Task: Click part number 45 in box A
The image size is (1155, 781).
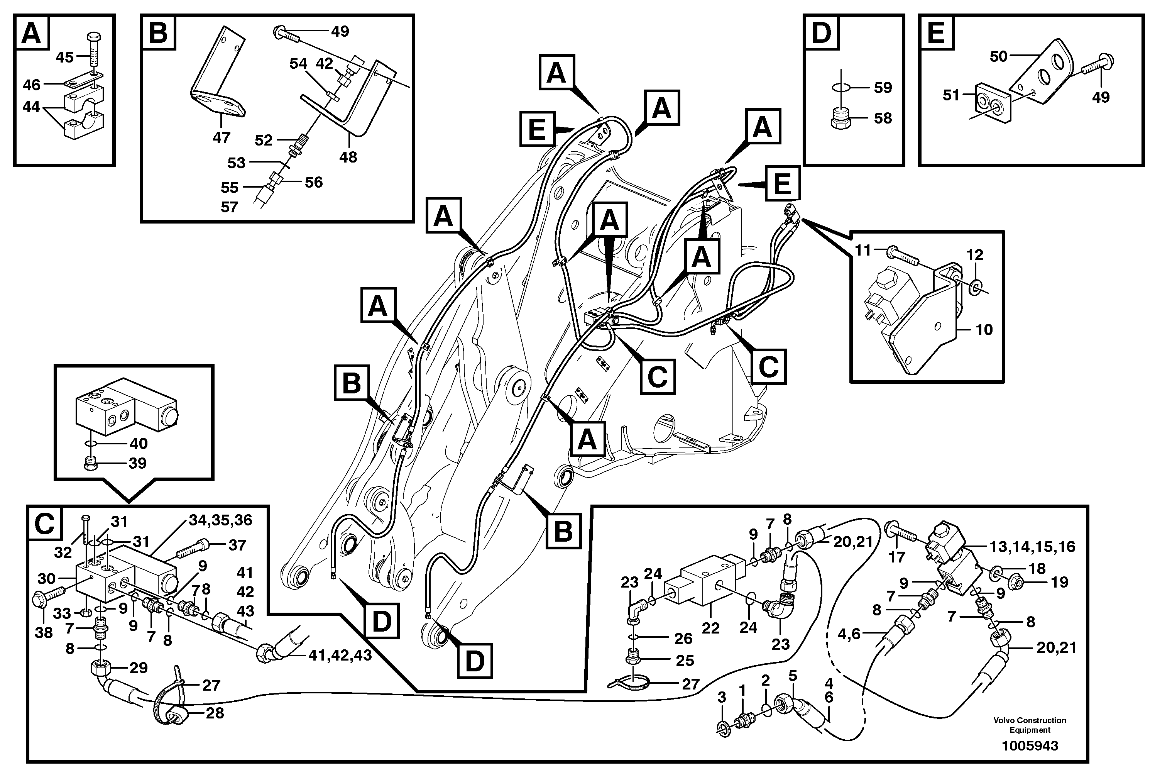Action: pyautogui.click(x=64, y=57)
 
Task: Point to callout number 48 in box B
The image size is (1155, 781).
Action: pyautogui.click(x=348, y=157)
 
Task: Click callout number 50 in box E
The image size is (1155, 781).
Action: pyautogui.click(x=998, y=57)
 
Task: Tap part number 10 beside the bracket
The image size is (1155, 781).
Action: pyautogui.click(x=984, y=330)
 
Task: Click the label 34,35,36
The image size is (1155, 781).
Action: pyautogui.click(x=220, y=520)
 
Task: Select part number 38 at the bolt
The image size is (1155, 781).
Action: pyautogui.click(x=44, y=634)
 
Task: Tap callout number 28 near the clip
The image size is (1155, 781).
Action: pyautogui.click(x=215, y=713)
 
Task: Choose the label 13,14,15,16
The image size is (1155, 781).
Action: pyautogui.click(x=1032, y=547)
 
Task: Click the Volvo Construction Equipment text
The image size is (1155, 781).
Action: pyautogui.click(x=1030, y=725)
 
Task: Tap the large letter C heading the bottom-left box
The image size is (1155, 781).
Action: pyautogui.click(x=45, y=524)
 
